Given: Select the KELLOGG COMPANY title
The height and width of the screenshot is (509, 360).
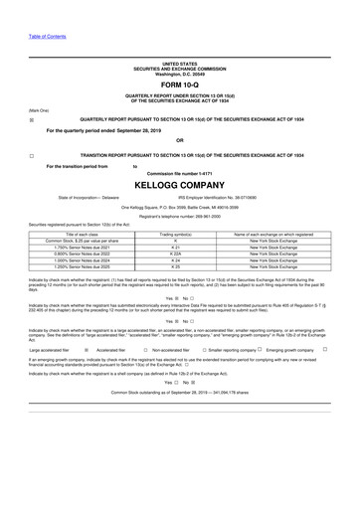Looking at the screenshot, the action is click(x=179, y=185).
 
